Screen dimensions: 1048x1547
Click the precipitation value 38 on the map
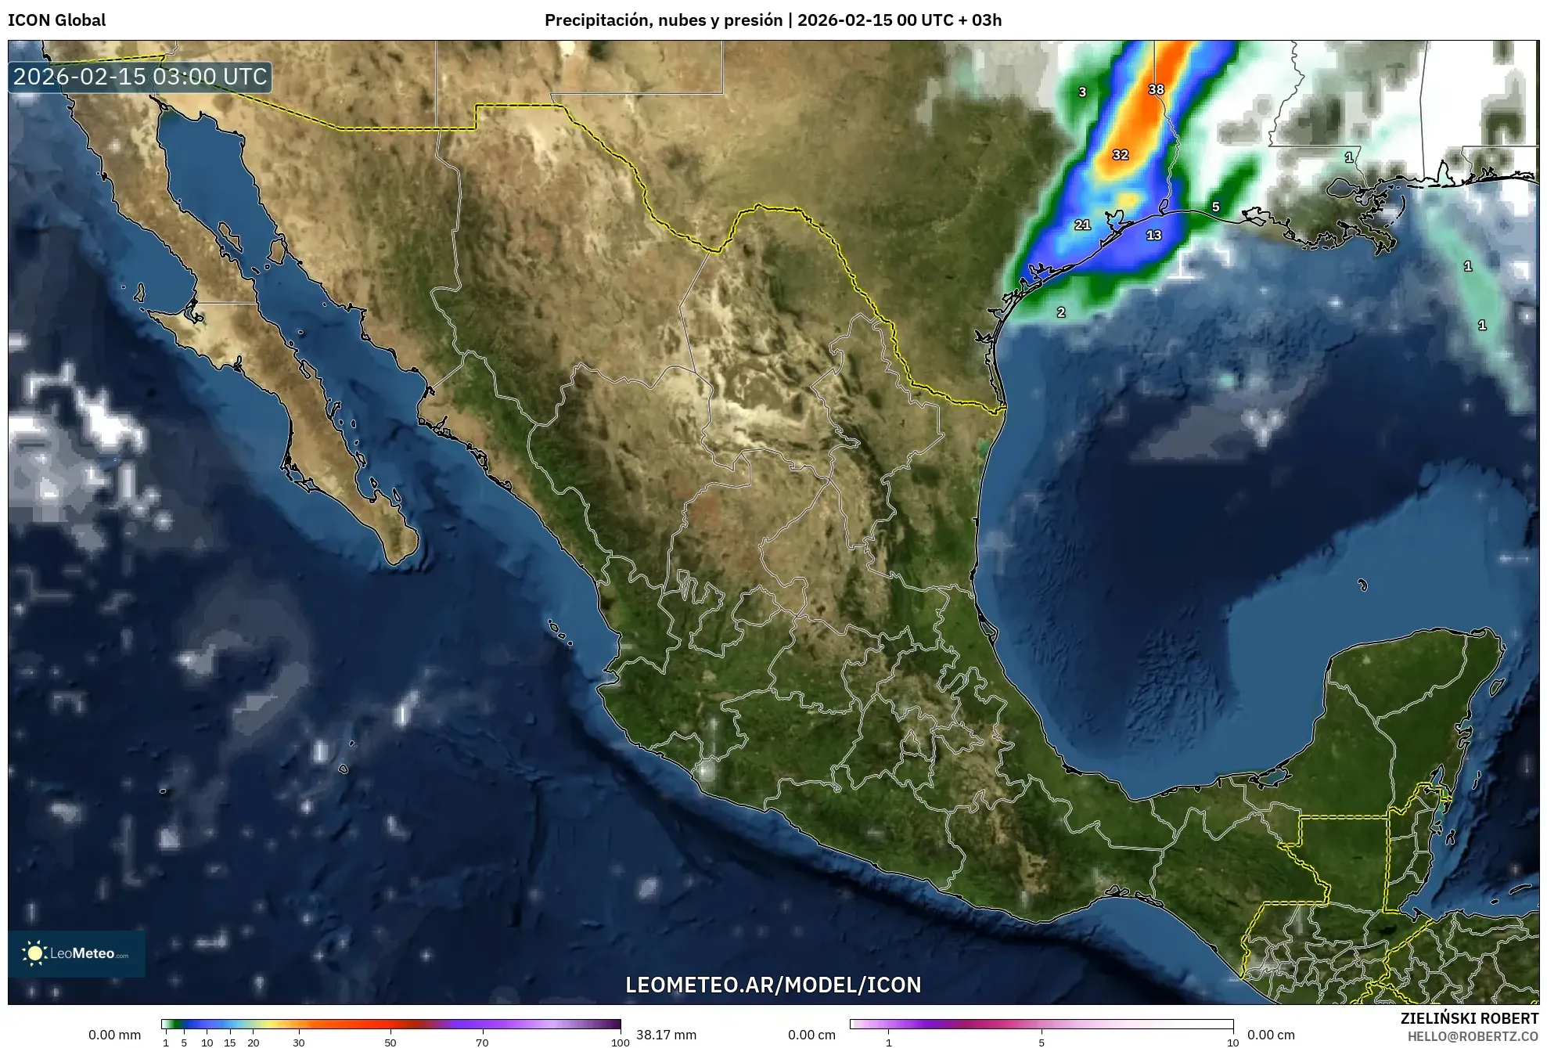(x=1156, y=89)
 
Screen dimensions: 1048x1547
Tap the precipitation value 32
(x=1121, y=155)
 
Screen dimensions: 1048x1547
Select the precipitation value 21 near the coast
(x=1082, y=225)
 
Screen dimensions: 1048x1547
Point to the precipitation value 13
(x=1153, y=235)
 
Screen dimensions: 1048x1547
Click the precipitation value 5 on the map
(x=1215, y=207)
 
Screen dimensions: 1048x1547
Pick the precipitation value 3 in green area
(x=1082, y=92)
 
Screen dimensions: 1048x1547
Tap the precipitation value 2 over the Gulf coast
(x=1061, y=312)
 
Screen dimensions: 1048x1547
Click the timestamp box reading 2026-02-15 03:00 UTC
(x=141, y=77)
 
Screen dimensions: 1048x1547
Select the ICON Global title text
(x=57, y=20)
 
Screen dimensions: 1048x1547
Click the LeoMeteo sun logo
(x=34, y=953)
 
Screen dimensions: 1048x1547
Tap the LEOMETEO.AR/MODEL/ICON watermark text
(x=773, y=985)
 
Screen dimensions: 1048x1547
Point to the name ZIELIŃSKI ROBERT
(x=1469, y=1018)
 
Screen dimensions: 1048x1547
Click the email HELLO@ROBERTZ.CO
(x=1473, y=1036)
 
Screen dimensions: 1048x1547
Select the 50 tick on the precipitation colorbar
(x=390, y=1042)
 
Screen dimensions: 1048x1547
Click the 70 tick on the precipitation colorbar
(x=482, y=1042)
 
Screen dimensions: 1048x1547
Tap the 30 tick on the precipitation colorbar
(x=299, y=1042)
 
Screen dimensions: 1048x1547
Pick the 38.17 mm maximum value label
(x=666, y=1035)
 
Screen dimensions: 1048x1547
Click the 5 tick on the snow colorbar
(x=1042, y=1042)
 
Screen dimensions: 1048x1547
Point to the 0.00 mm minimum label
(x=114, y=1035)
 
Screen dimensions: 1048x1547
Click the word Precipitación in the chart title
(x=598, y=20)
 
